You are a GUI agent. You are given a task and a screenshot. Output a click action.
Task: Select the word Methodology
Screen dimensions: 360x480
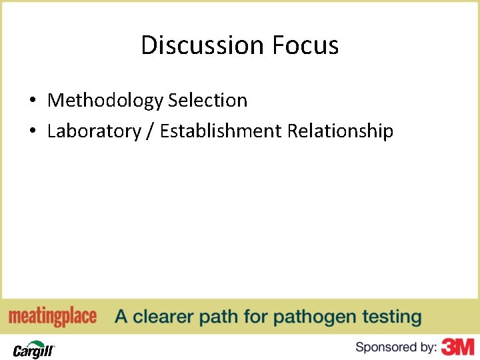(x=105, y=101)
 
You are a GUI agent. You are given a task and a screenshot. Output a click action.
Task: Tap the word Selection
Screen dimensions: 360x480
(x=207, y=101)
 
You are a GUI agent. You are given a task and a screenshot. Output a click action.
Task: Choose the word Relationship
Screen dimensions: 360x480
(x=340, y=131)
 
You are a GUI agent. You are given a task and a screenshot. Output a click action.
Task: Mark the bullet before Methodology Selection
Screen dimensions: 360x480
(x=32, y=101)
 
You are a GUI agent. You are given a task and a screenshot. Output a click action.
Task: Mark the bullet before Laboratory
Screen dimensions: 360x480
(x=32, y=132)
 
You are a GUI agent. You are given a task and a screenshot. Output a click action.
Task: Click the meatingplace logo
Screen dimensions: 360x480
(x=53, y=317)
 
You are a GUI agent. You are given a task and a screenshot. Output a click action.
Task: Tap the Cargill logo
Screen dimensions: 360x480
(x=33, y=348)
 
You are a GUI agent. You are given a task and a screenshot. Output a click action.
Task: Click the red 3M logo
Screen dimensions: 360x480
(x=459, y=347)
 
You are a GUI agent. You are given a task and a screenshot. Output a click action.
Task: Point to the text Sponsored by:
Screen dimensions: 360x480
(x=396, y=347)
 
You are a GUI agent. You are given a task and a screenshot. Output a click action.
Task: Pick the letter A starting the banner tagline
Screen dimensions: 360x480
(x=121, y=317)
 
